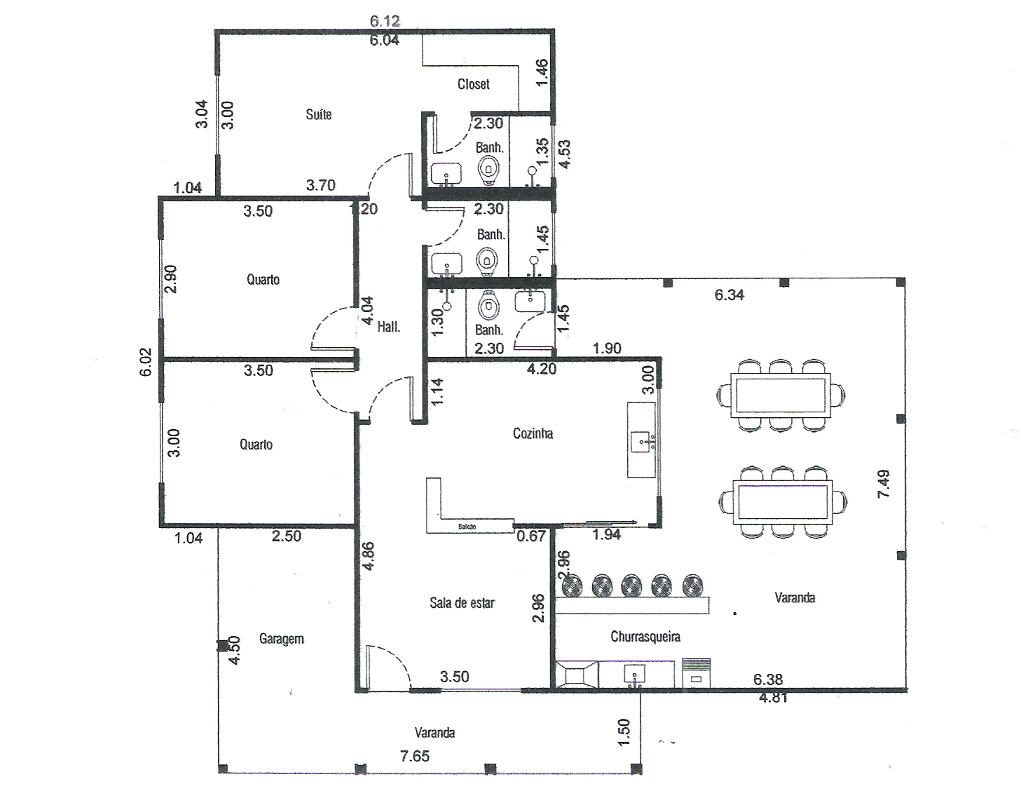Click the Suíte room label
(x=318, y=114)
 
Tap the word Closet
(x=474, y=84)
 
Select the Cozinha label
(x=533, y=433)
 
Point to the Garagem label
(x=281, y=640)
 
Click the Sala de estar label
(x=462, y=602)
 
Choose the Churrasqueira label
(x=645, y=636)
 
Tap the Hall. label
(x=388, y=327)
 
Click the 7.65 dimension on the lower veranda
(x=415, y=755)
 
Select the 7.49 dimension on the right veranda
(x=884, y=484)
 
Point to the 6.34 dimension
(x=729, y=295)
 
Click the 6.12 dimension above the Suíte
(x=385, y=21)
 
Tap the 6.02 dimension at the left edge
(x=146, y=363)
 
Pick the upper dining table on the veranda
(x=781, y=395)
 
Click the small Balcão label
(x=467, y=527)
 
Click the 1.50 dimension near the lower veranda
(x=624, y=732)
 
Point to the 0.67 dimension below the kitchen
(x=531, y=536)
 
